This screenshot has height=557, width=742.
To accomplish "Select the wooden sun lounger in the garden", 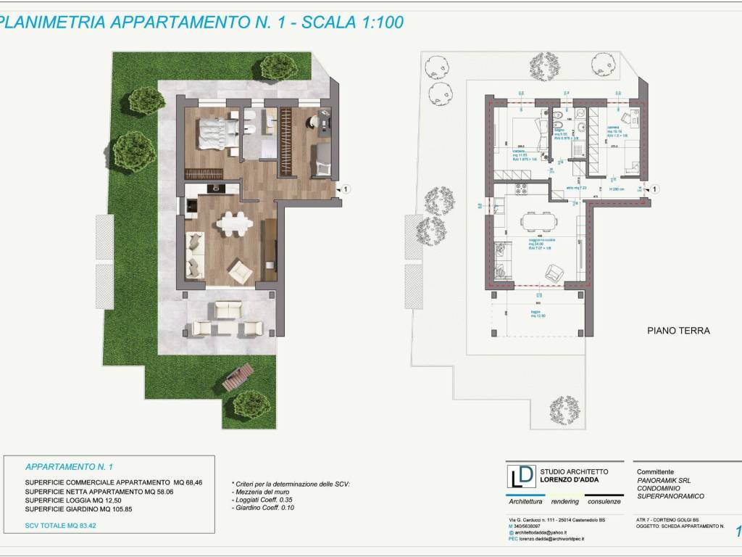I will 238,376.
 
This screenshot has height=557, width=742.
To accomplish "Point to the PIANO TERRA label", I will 678,331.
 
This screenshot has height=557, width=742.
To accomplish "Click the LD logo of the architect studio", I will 521,476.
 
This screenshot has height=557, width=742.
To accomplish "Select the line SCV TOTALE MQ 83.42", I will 60,524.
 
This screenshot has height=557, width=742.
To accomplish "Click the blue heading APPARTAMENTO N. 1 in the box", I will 70,467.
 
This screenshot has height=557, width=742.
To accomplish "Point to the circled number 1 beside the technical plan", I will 656,189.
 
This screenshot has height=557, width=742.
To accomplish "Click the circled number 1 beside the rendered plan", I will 346,189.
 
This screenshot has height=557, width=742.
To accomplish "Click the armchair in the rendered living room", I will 241,271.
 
